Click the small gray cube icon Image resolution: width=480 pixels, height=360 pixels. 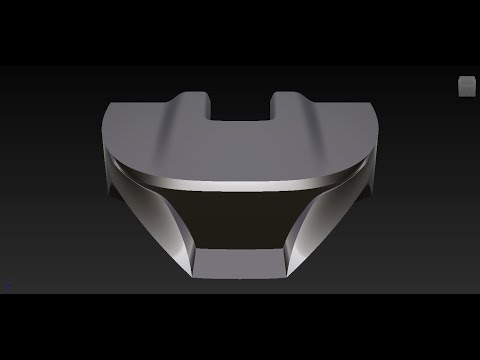pyautogui.click(x=466, y=87)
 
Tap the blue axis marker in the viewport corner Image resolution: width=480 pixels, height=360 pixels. pyautogui.click(x=9, y=284)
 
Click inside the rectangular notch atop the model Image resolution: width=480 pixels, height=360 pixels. pyautogui.click(x=239, y=107)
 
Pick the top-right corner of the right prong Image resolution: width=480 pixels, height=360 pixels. pyautogui.click(x=297, y=95)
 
